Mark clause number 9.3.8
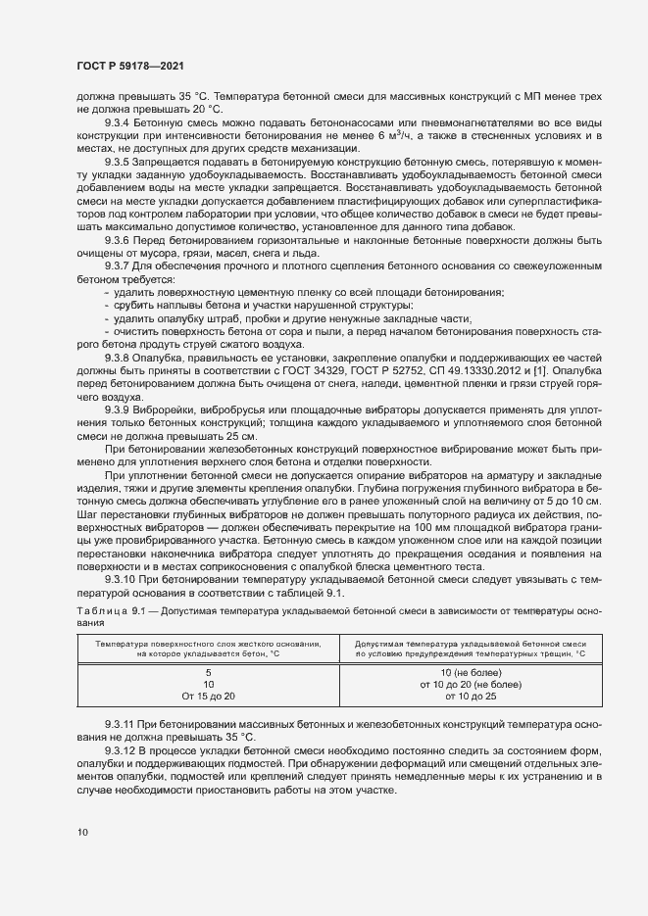point(118,359)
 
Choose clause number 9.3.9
point(118,407)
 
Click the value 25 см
point(241,434)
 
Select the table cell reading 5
point(209,672)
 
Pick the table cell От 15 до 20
point(209,696)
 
